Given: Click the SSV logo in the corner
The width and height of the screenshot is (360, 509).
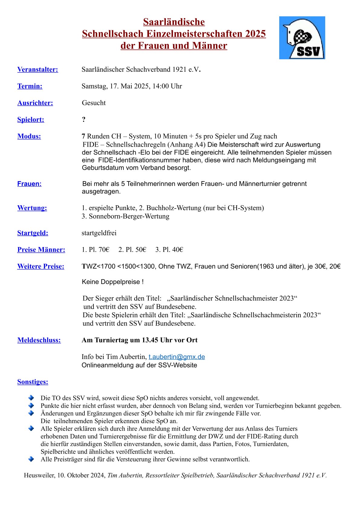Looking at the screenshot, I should coord(302,38).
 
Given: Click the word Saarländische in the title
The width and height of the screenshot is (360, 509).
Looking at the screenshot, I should coord(174,22).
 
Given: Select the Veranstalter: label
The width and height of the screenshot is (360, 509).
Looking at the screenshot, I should coord(38,70).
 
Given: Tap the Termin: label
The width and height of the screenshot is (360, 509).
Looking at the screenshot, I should coord(30,86).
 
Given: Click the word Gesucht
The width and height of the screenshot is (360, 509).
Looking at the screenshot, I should coord(94,103).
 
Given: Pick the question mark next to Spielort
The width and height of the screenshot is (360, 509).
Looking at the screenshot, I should coord(84,119).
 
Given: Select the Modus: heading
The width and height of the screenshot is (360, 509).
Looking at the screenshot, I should coord(29,136).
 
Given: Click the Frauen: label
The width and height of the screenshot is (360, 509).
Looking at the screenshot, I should coord(29,184).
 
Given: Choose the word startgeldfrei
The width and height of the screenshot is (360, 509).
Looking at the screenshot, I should coord(99,233).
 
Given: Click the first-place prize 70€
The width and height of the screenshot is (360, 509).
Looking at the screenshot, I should coord(104,250).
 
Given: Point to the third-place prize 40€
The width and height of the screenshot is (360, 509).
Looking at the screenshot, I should coord(178,250).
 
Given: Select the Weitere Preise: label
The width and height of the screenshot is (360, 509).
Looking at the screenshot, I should coord(41,266).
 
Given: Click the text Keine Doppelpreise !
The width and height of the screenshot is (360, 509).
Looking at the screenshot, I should coord(113,282).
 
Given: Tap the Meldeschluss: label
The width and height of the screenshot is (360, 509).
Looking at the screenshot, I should coord(39,340).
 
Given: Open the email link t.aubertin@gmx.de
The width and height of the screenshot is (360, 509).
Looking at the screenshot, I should coord(177,357).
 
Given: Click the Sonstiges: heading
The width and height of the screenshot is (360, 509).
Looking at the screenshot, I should coord(33,382).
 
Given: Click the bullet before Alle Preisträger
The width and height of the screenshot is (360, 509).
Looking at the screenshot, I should coord(31,459).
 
